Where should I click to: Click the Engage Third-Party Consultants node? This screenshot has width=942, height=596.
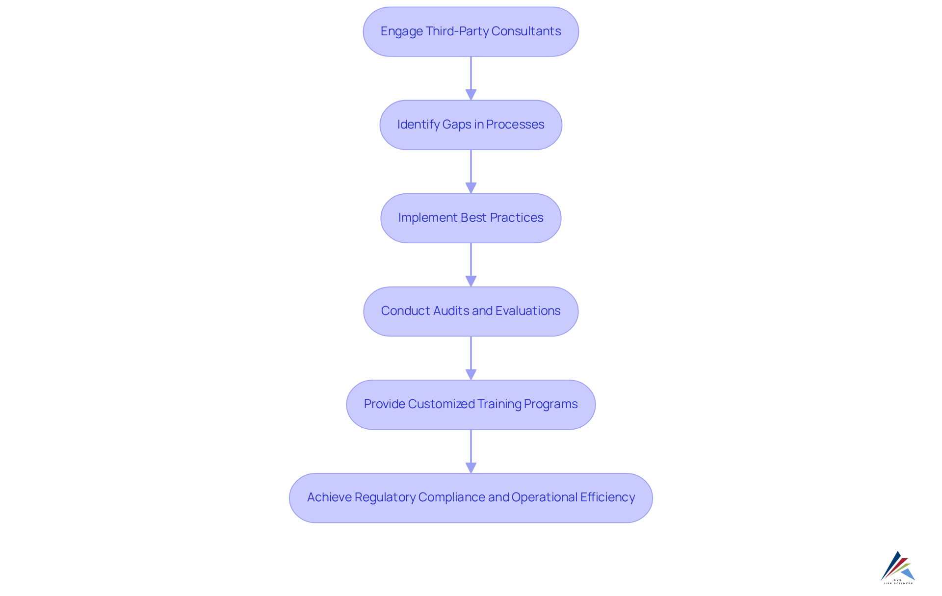point(471,31)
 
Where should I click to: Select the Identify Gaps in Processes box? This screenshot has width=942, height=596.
point(471,125)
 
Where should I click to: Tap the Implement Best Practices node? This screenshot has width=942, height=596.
point(471,218)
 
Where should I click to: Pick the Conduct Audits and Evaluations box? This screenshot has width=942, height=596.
point(471,311)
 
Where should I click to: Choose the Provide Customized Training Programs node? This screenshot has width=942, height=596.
point(471,404)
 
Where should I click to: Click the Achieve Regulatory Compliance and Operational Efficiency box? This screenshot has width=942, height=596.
point(471,497)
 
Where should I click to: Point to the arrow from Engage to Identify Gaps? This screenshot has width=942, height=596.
point(471,78)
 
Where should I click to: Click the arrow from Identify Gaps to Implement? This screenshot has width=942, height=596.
point(471,171)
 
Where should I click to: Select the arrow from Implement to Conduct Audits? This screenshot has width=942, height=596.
point(471,264)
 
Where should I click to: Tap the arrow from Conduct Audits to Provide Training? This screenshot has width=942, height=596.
point(471,357)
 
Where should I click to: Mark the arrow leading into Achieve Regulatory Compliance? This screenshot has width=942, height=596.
point(471,450)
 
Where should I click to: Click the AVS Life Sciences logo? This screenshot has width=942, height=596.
point(898,568)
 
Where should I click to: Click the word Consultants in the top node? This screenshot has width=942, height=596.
point(526,31)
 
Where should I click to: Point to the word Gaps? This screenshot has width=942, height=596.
point(456,125)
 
